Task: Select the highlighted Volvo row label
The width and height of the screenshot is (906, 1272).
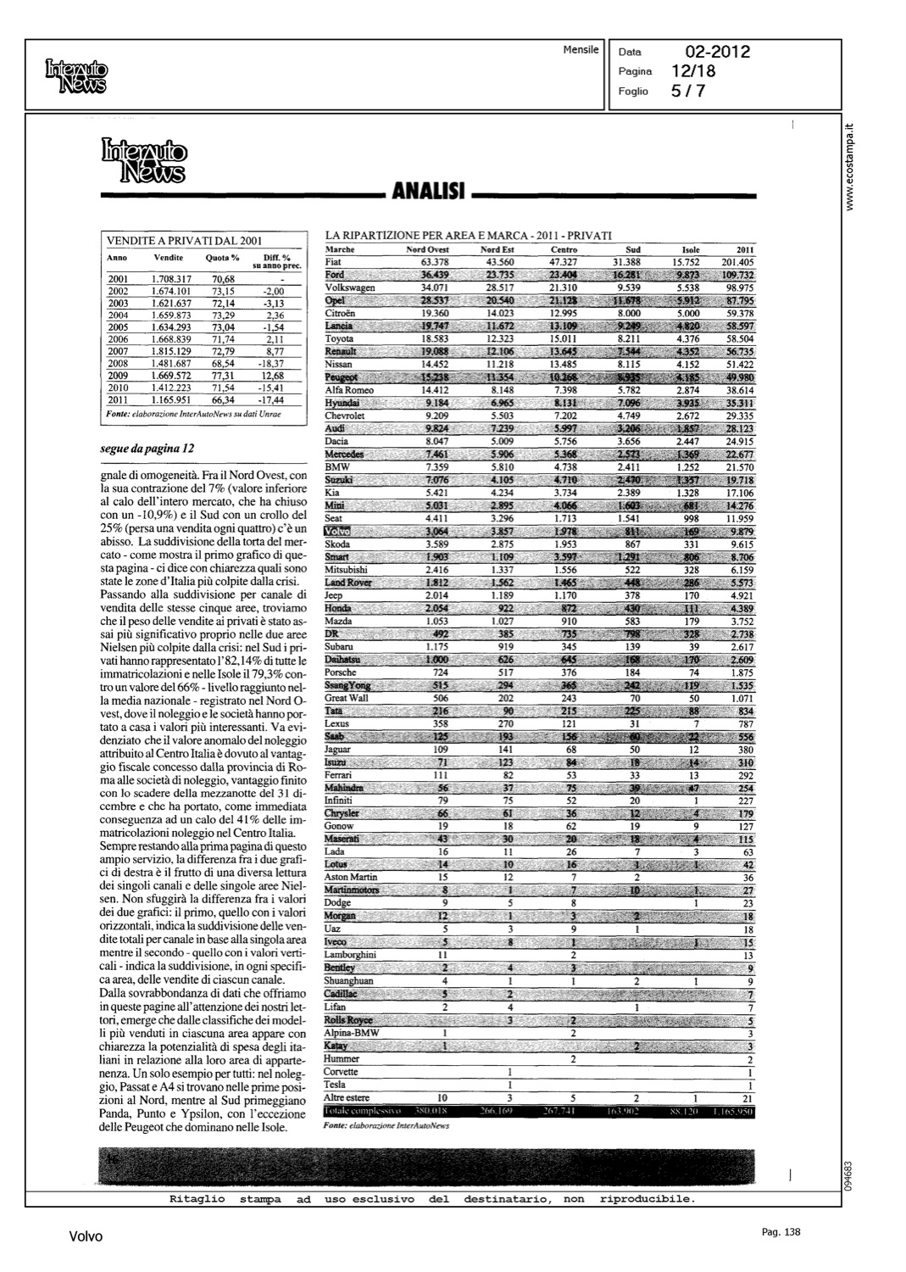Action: [336, 531]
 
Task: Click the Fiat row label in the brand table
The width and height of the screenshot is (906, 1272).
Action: [333, 262]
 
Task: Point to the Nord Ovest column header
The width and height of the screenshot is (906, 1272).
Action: [427, 250]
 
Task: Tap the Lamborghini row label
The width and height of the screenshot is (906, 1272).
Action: [350, 955]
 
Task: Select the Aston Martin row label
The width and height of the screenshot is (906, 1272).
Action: [351, 877]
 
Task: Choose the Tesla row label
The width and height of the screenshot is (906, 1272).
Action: [335, 1085]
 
